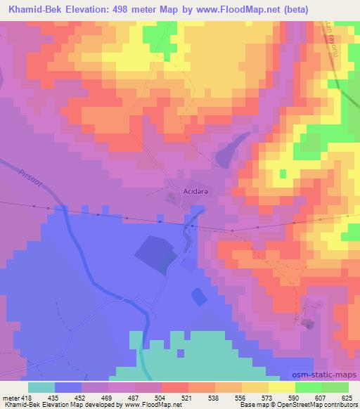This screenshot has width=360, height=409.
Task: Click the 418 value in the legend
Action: (x=27, y=397)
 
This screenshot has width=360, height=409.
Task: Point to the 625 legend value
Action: (x=347, y=397)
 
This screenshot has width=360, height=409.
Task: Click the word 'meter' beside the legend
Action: (x=10, y=397)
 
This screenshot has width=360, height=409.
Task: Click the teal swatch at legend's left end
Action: (x=41, y=387)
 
